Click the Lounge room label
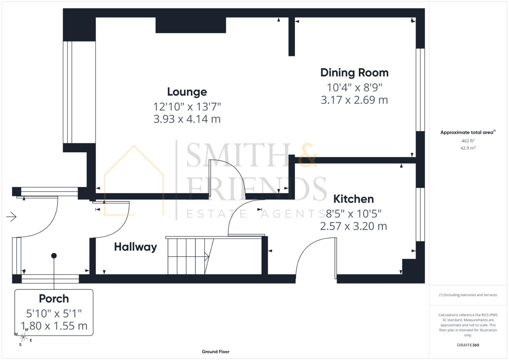[187, 92]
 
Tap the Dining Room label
[354, 73]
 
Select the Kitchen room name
[353, 199]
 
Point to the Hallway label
[135, 247]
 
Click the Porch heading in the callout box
[54, 299]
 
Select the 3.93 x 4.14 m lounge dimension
[187, 119]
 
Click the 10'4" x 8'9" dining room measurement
[354, 87]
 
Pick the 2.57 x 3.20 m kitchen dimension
[353, 226]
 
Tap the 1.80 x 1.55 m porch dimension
[54, 326]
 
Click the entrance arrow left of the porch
[11, 217]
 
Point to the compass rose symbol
[23, 337]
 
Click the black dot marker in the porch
[54, 256]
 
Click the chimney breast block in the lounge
[191, 25]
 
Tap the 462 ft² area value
[468, 141]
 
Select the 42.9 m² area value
[468, 148]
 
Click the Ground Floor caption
[216, 352]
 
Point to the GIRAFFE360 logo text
[468, 345]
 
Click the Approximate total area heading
[467, 132]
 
